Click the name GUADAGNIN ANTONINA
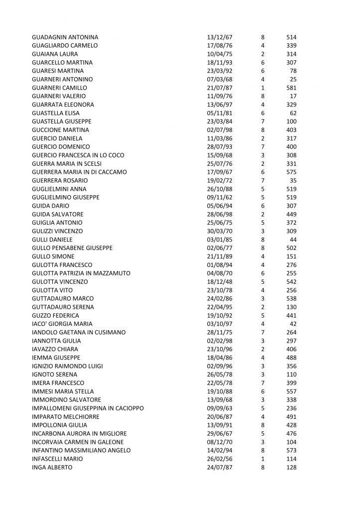tap(65, 37)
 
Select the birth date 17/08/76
tap(220, 46)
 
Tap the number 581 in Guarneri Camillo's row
tap(291, 88)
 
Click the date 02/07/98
tap(220, 130)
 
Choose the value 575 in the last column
tap(291, 172)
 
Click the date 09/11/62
tap(220, 197)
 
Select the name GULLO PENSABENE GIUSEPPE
tap(72, 248)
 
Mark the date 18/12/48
tap(220, 281)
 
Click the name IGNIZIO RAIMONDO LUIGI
tap(67, 366)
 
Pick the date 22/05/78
tap(220, 383)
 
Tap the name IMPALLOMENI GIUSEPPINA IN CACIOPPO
tap(88, 408)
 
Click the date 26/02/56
tap(220, 459)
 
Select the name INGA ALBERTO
tap(52, 467)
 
